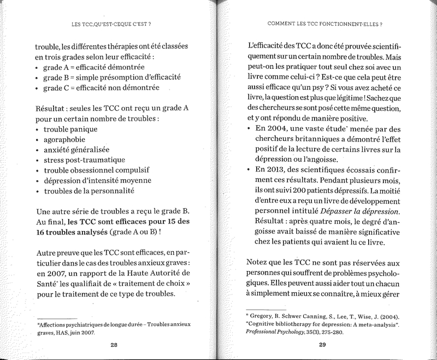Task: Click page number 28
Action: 114,345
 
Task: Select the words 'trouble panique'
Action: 70,129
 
